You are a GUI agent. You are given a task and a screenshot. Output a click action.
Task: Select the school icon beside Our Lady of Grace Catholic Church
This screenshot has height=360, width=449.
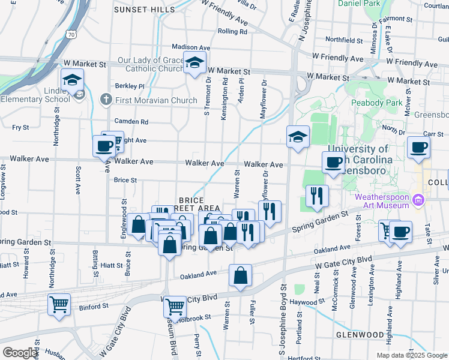tap(194, 64)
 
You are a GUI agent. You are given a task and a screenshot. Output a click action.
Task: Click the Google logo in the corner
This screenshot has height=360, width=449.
tap(20, 353)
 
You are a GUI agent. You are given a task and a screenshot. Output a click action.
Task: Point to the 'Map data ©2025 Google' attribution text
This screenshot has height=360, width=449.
tap(411, 355)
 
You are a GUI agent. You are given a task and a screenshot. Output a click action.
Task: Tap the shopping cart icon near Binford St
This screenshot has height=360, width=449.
tap(59, 304)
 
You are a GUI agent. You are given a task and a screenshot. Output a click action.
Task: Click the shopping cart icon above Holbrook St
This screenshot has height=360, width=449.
tap(175, 306)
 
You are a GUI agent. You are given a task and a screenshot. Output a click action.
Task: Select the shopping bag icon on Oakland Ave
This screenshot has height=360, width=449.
tap(240, 275)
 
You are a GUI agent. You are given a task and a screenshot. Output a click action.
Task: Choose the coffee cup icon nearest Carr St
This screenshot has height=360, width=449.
tap(418, 146)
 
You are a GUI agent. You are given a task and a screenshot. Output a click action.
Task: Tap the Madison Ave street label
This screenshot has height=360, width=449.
tap(191, 47)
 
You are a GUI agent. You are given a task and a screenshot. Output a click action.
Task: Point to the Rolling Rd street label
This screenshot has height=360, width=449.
tap(233, 31)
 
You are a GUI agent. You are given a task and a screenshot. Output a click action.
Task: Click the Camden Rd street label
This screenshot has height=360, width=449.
tap(134, 121)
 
